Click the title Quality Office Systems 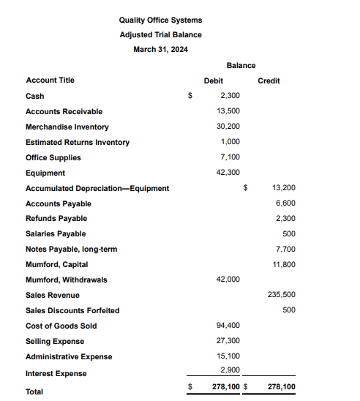point(160,20)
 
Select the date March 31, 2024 point(160,49)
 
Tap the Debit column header point(213,80)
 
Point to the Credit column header point(269,80)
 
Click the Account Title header point(50,80)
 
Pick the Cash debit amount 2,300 point(230,96)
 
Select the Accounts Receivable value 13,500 point(228,111)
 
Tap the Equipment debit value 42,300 point(228,173)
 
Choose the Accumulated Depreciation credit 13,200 point(283,188)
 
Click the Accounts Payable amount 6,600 point(285,203)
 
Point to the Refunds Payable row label point(56,218)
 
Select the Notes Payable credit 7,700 point(285,250)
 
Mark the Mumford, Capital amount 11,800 point(283,265)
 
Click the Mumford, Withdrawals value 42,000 point(228,280)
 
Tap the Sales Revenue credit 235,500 point(282,295)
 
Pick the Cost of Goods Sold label point(61,326)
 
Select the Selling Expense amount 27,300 point(228,341)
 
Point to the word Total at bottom point(34,391)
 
